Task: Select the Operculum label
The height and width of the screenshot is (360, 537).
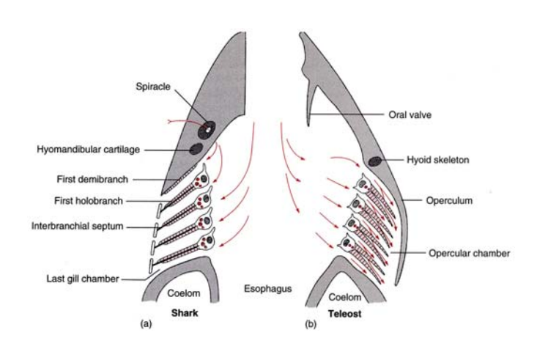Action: coord(449,199)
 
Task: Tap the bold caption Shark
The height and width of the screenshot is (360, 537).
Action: coord(186,311)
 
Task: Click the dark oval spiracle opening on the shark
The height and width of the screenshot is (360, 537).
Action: coord(208,128)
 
